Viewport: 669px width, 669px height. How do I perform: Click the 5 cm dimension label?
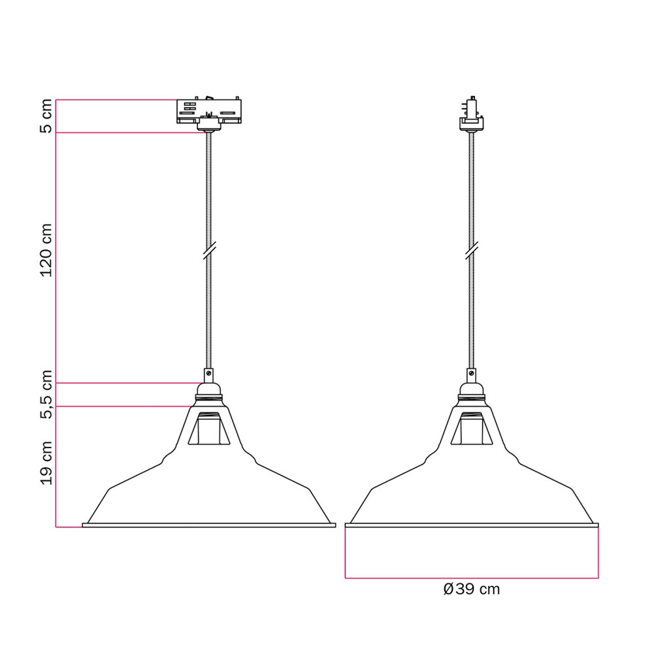click(x=46, y=116)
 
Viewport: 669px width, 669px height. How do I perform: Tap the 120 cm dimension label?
click(x=46, y=250)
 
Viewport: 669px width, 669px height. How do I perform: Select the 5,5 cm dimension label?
click(x=46, y=394)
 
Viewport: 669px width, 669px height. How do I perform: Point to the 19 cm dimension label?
click(x=46, y=463)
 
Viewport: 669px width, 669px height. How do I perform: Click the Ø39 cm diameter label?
click(x=472, y=589)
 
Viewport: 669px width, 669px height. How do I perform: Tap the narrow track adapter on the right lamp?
click(x=472, y=112)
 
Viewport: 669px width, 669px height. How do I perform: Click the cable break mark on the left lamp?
click(x=209, y=250)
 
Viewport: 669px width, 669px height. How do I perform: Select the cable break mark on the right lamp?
click(x=472, y=250)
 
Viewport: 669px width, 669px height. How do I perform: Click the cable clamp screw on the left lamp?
click(x=208, y=373)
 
